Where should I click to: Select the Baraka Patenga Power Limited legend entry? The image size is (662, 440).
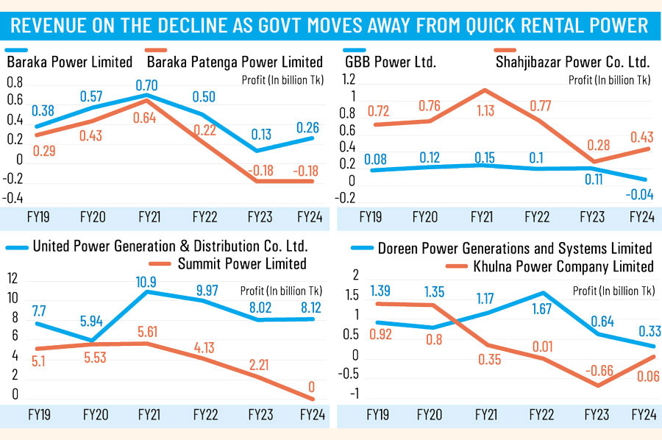235,62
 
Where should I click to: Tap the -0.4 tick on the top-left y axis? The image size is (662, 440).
15,199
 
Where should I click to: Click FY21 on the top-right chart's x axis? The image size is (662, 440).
481,218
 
